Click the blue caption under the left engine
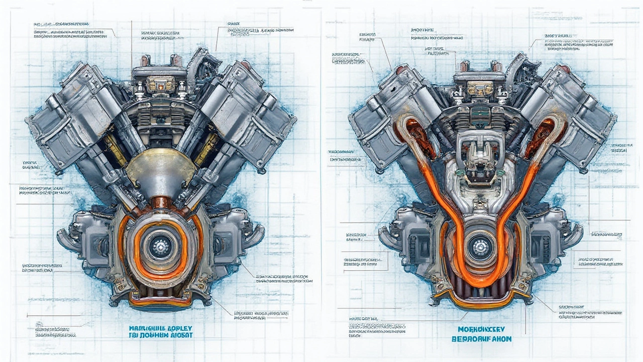(160, 331)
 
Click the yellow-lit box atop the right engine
(480, 88)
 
